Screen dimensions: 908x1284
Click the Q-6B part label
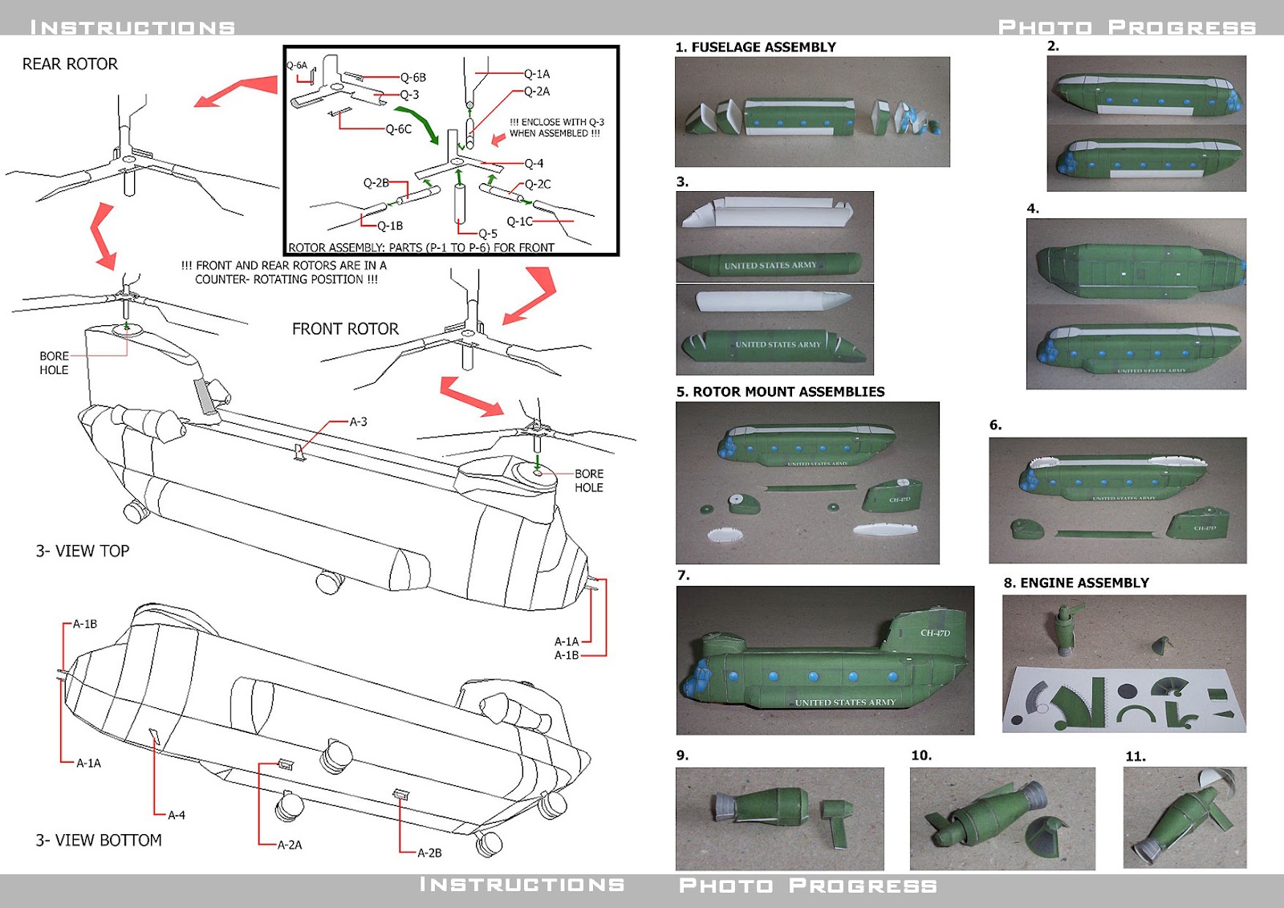[413, 78]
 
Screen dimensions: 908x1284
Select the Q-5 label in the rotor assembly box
[488, 234]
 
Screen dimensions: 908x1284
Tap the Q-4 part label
[534, 164]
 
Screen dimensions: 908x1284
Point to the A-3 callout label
[358, 421]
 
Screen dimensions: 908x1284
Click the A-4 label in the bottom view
[177, 815]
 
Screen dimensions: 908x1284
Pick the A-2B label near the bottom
[429, 853]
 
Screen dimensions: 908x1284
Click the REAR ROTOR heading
[70, 64]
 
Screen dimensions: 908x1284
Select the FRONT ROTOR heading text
[345, 329]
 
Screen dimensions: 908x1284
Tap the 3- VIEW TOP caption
[82, 552]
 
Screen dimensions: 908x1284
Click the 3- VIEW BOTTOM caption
[98, 841]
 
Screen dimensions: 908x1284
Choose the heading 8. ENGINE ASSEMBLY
[1076, 583]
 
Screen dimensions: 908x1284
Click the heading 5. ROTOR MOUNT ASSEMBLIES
[780, 392]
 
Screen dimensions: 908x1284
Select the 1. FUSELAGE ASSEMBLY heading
[755, 47]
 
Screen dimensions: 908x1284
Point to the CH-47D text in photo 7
[935, 633]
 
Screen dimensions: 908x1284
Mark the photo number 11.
[1135, 756]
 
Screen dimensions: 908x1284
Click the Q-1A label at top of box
[537, 74]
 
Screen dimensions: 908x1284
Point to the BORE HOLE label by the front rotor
[588, 480]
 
